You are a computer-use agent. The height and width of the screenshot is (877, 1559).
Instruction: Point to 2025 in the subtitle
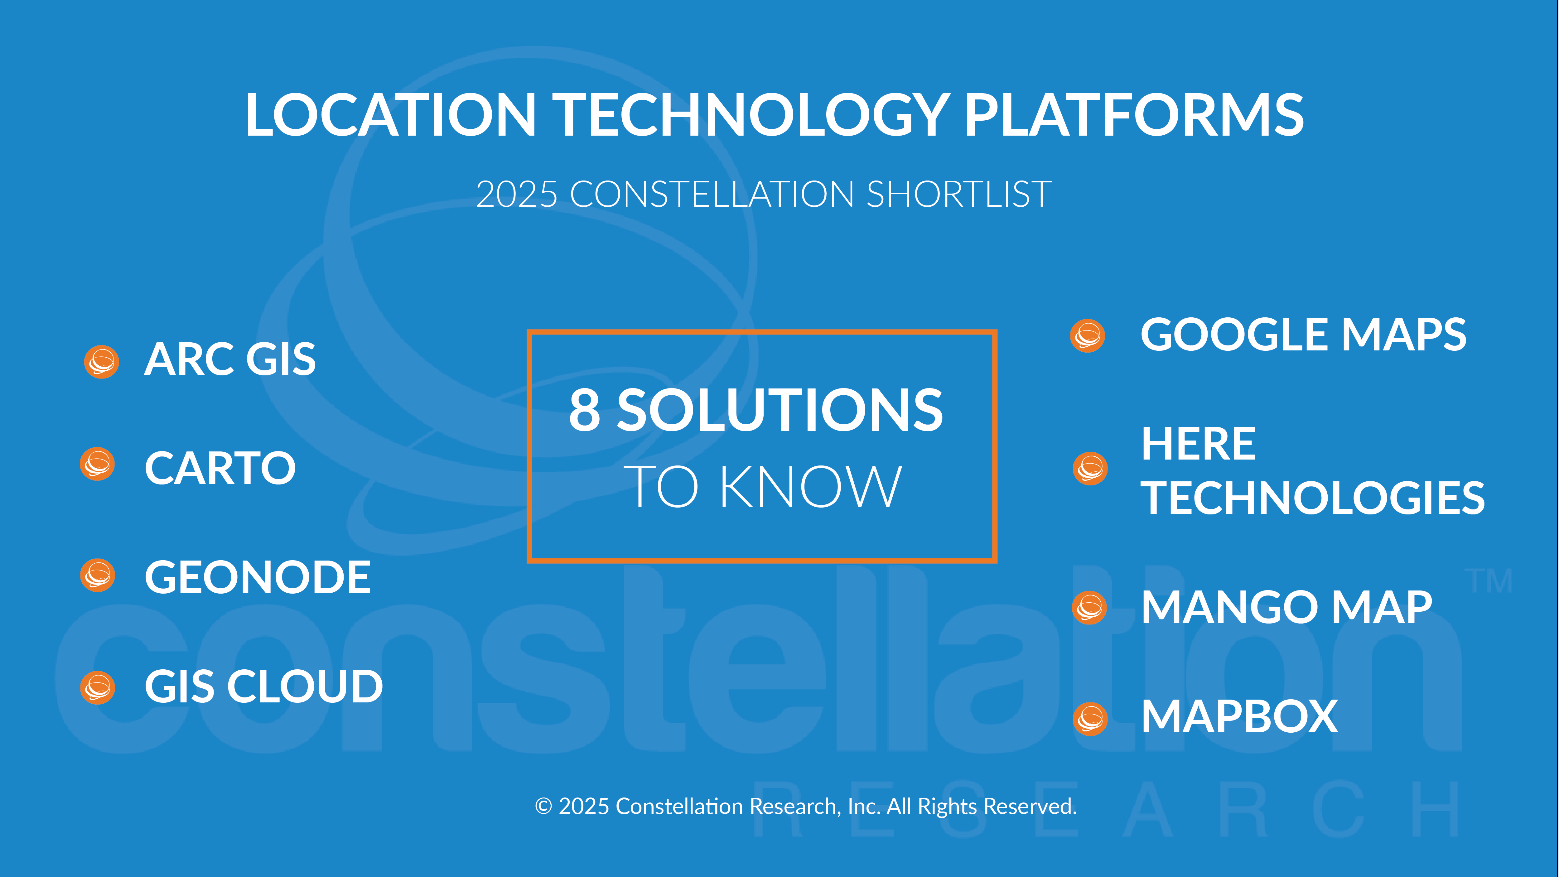tap(516, 194)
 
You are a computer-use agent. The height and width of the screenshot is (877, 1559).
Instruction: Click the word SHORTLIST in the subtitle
tap(959, 194)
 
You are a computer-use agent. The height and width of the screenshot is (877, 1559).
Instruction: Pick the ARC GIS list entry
tap(230, 359)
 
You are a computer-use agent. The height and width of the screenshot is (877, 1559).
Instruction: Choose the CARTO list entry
tap(220, 469)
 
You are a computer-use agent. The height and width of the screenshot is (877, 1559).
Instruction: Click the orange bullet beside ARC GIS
tap(101, 362)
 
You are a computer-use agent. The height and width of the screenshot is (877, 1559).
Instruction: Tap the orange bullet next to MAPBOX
tap(1090, 719)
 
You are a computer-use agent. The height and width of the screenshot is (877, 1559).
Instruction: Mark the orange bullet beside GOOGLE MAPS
tap(1088, 336)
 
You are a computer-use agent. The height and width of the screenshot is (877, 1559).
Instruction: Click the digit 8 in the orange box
tap(585, 410)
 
